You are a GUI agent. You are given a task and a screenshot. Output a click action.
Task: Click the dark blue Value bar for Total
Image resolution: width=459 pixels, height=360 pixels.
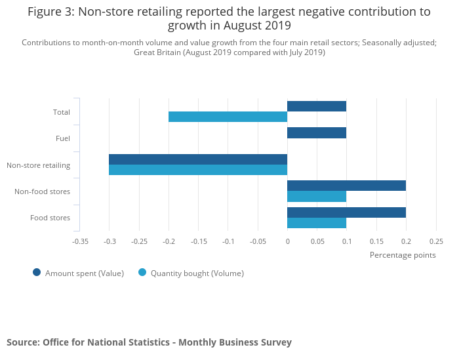coord(317,106)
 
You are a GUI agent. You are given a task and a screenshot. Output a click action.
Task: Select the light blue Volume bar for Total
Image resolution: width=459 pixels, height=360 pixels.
coord(228,117)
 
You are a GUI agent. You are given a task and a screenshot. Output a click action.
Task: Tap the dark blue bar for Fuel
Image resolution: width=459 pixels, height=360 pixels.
coord(317,133)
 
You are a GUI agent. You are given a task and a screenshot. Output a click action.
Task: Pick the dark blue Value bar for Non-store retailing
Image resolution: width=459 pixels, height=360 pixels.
coord(198,159)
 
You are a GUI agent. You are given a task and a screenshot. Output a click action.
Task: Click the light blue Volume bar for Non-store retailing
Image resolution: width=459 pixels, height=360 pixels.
coord(198,170)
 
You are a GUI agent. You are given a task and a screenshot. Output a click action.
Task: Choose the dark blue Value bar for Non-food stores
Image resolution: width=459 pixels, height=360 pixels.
coord(346,186)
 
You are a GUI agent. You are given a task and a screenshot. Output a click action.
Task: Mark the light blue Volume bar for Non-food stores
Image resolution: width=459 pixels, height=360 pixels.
coord(317,196)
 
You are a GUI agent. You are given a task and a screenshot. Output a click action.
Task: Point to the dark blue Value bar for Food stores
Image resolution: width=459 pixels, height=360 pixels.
coord(346,212)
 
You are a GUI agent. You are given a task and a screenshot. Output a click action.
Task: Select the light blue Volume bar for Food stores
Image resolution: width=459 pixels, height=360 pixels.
coord(317,223)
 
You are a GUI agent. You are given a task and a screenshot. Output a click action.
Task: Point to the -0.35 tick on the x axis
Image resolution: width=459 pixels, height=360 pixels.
coord(80,241)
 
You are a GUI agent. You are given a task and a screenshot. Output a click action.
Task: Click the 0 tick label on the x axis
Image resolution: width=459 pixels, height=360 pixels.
coord(287,241)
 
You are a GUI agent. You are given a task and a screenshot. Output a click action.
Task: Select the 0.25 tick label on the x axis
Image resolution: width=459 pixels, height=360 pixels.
coord(435,241)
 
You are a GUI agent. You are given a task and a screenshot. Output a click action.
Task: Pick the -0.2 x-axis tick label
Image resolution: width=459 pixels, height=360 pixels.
coord(169,241)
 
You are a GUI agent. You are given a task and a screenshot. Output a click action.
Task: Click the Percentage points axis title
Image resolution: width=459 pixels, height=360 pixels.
coord(403,255)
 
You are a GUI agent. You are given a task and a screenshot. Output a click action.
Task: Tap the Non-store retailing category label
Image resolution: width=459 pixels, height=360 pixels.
coord(38,165)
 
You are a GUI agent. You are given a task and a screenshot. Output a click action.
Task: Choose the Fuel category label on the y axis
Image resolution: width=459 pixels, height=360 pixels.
coord(63,138)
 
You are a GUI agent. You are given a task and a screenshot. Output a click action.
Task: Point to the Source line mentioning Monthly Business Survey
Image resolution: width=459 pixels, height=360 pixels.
coord(149,342)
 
